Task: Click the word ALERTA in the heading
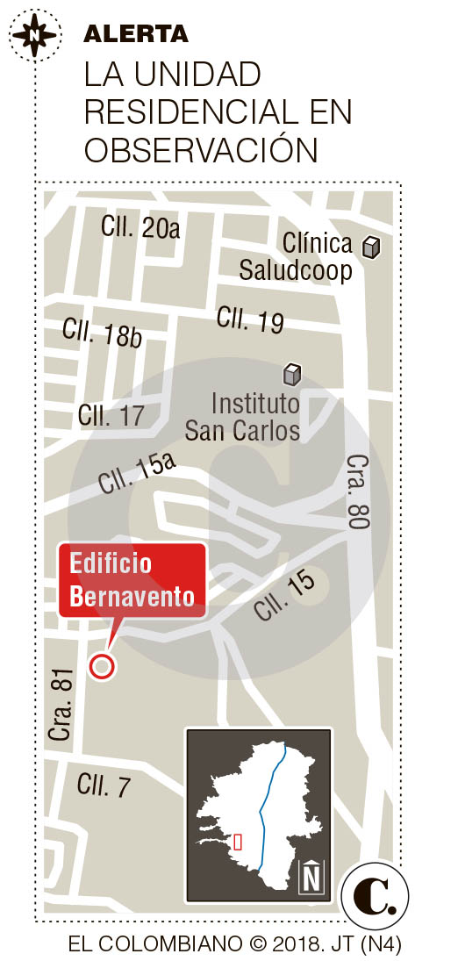[x=136, y=34]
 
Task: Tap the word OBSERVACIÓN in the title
[x=200, y=150]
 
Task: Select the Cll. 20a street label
[x=140, y=228]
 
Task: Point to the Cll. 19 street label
[x=250, y=319]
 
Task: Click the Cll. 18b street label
[x=102, y=333]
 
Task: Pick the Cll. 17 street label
[x=111, y=415]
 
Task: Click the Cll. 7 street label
[x=104, y=785]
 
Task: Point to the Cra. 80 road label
[x=358, y=491]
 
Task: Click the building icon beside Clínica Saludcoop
[x=372, y=247]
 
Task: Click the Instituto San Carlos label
[x=242, y=418]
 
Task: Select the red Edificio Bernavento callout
[x=132, y=581]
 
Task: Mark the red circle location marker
[x=103, y=666]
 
